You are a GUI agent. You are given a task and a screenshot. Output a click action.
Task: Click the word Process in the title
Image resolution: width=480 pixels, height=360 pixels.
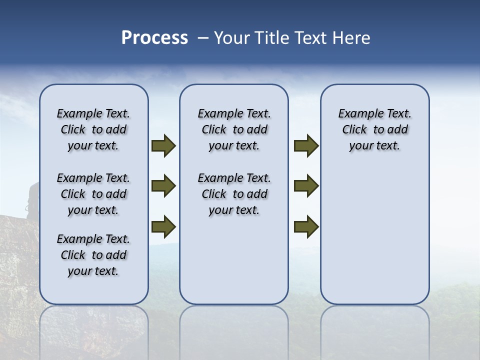(154, 38)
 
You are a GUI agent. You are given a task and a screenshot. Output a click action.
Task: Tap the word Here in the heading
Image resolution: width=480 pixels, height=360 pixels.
(351, 38)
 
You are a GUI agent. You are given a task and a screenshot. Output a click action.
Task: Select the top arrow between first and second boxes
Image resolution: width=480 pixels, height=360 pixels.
(163, 146)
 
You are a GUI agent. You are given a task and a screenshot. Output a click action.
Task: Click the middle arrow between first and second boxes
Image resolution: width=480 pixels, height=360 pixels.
(163, 186)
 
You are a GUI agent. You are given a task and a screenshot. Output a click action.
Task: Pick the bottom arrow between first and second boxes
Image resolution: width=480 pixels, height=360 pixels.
(163, 226)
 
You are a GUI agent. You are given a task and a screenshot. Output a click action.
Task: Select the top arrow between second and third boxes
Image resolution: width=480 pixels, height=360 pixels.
(306, 146)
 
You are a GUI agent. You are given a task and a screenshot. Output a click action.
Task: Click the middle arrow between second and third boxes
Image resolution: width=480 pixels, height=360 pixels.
(306, 186)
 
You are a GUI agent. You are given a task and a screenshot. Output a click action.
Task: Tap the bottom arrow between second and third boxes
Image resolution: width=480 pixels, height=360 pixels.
(306, 226)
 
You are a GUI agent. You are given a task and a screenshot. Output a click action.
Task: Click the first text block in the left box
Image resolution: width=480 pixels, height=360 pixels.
(93, 129)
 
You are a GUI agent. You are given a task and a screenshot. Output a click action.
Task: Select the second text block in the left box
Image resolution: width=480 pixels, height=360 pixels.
(93, 194)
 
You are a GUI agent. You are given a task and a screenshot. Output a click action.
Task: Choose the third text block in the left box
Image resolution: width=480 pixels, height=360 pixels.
(93, 255)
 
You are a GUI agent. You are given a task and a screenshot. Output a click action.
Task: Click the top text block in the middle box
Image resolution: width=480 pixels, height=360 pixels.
(234, 129)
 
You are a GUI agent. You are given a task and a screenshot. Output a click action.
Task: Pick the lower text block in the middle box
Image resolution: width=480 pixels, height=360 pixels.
(234, 194)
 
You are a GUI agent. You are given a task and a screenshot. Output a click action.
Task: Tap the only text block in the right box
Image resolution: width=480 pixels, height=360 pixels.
(374, 129)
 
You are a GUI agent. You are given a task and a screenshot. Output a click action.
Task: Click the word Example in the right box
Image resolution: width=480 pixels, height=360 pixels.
(356, 114)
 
